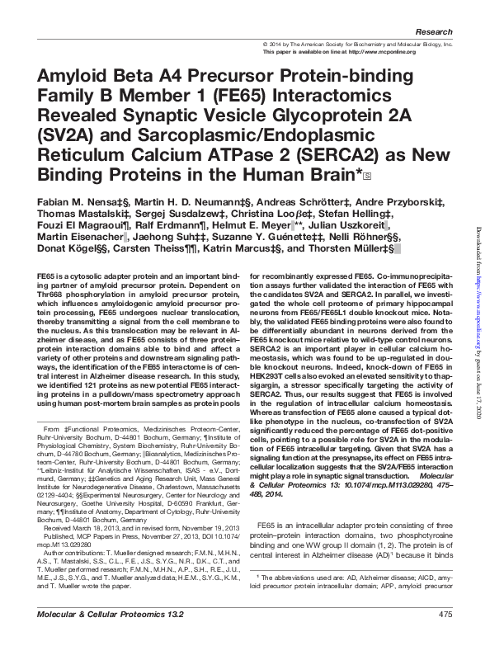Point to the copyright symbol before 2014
pos(264,44)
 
